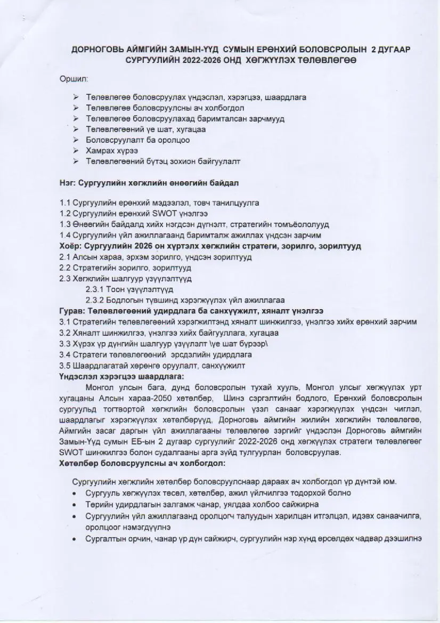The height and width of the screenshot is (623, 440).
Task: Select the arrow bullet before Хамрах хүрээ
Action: pos(76,151)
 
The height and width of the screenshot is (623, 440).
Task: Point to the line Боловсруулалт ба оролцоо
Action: pos(137,140)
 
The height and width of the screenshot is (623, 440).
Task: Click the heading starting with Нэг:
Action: pos(149,182)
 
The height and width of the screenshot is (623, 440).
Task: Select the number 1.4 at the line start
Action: pos(65,235)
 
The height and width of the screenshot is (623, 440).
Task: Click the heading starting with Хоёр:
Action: pos(210,246)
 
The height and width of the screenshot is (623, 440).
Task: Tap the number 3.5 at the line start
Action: pos(65,365)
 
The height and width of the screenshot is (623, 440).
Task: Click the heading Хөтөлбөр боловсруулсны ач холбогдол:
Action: pos(142,463)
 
